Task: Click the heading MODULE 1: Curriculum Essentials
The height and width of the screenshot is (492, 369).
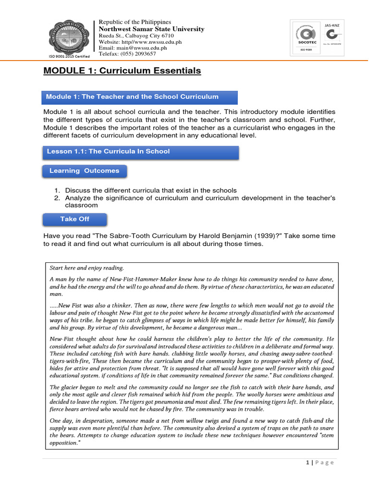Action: click(x=122, y=71)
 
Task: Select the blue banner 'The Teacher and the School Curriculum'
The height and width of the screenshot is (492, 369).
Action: click(x=140, y=97)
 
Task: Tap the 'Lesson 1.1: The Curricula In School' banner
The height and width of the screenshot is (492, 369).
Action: click(x=141, y=151)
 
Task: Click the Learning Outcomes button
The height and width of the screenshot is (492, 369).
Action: click(x=85, y=171)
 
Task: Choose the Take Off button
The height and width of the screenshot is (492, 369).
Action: click(x=74, y=219)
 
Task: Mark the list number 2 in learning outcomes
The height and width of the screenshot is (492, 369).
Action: click(x=56, y=198)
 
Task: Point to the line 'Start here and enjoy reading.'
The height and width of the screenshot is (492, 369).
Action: click(x=86, y=268)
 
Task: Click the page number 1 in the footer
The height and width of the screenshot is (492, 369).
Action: click(x=307, y=463)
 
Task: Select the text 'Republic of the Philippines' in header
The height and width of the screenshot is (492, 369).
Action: click(x=135, y=22)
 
